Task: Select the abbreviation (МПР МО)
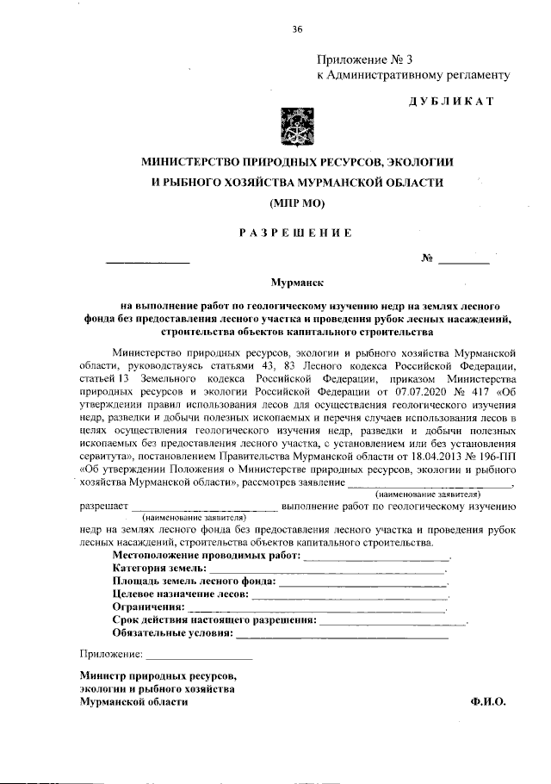297,204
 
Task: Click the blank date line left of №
147,260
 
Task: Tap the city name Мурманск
296,282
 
